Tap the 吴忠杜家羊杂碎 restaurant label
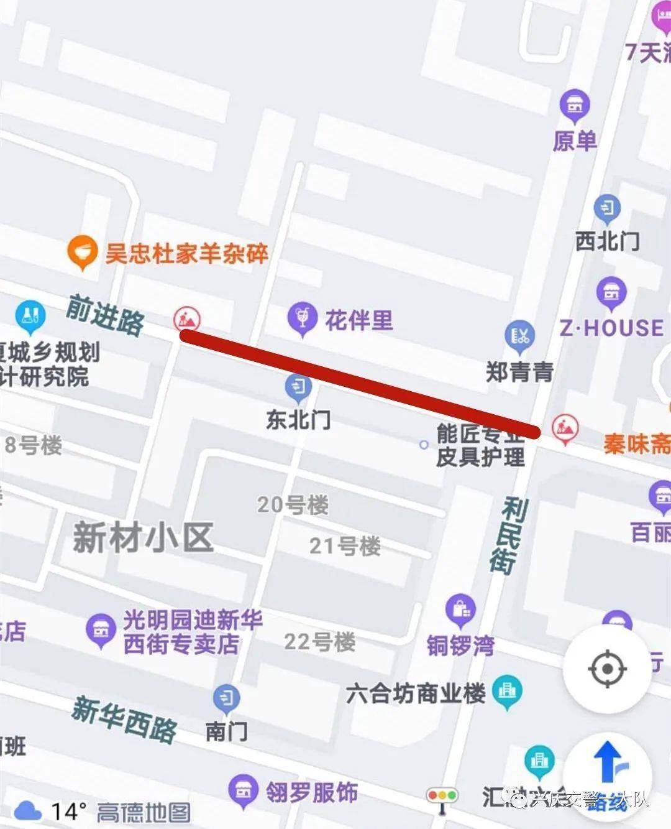click(186, 254)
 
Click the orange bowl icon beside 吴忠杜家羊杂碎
click(82, 252)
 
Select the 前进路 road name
click(105, 315)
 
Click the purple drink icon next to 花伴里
click(303, 318)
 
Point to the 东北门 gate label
click(298, 420)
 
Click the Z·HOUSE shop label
click(612, 328)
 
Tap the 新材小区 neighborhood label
click(144, 537)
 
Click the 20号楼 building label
click(293, 504)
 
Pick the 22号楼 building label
click(319, 642)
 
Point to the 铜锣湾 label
click(460, 646)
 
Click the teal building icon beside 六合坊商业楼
click(508, 691)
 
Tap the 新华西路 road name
click(124, 719)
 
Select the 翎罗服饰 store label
click(312, 792)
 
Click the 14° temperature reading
click(68, 811)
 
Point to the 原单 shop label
click(575, 141)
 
